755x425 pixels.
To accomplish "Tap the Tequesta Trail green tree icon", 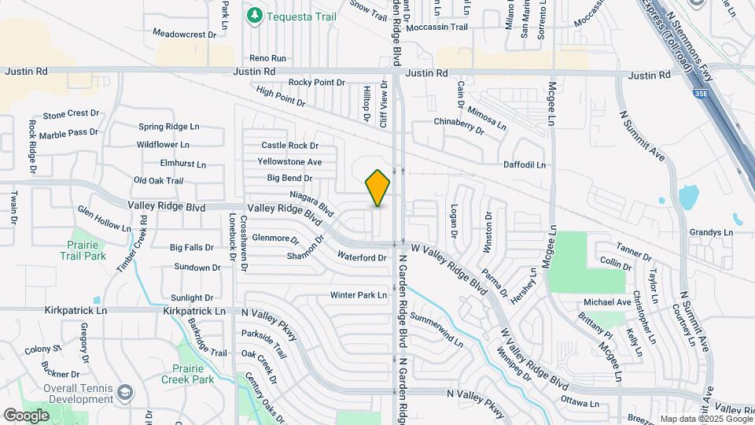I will pyautogui.click(x=254, y=15).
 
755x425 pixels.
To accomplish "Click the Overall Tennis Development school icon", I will pyautogui.click(x=124, y=392).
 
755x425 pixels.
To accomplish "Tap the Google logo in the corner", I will pyautogui.click(x=26, y=415).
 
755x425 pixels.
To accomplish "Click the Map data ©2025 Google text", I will pyautogui.click(x=705, y=419).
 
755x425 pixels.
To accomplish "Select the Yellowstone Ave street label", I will pyautogui.click(x=289, y=162).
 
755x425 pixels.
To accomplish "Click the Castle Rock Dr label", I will pyautogui.click(x=289, y=146).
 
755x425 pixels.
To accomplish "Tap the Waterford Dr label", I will pyautogui.click(x=362, y=257).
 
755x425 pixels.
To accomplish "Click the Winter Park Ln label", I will pyautogui.click(x=359, y=295).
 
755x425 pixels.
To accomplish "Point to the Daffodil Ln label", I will pyautogui.click(x=525, y=164).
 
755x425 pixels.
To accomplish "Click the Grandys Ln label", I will pyautogui.click(x=711, y=232).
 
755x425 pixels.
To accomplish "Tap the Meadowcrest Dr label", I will pyautogui.click(x=184, y=34).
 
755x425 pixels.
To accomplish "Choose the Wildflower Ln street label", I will pyautogui.click(x=163, y=145).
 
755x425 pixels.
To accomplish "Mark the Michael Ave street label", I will pyautogui.click(x=606, y=302).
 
